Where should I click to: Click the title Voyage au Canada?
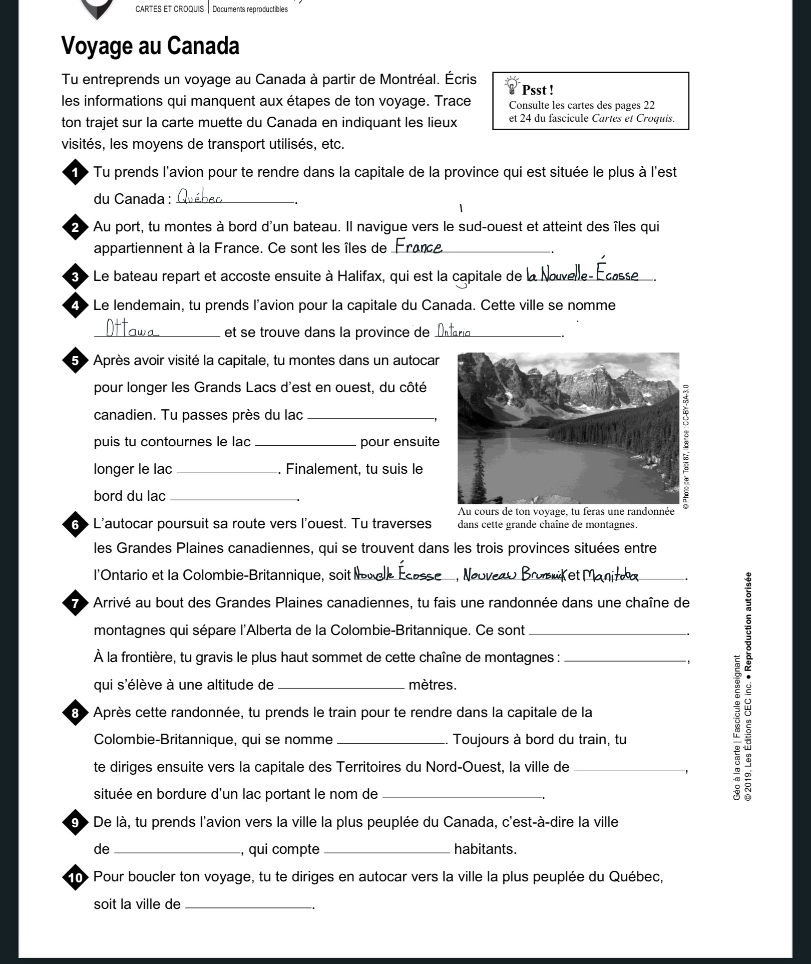point(150,46)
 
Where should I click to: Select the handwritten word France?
point(419,246)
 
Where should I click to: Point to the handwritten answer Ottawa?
point(133,330)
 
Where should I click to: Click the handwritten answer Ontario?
point(454,331)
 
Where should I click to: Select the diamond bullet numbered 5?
point(75,361)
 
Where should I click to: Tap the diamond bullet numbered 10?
point(75,878)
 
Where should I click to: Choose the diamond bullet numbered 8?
point(75,713)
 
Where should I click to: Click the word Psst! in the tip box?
point(538,90)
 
